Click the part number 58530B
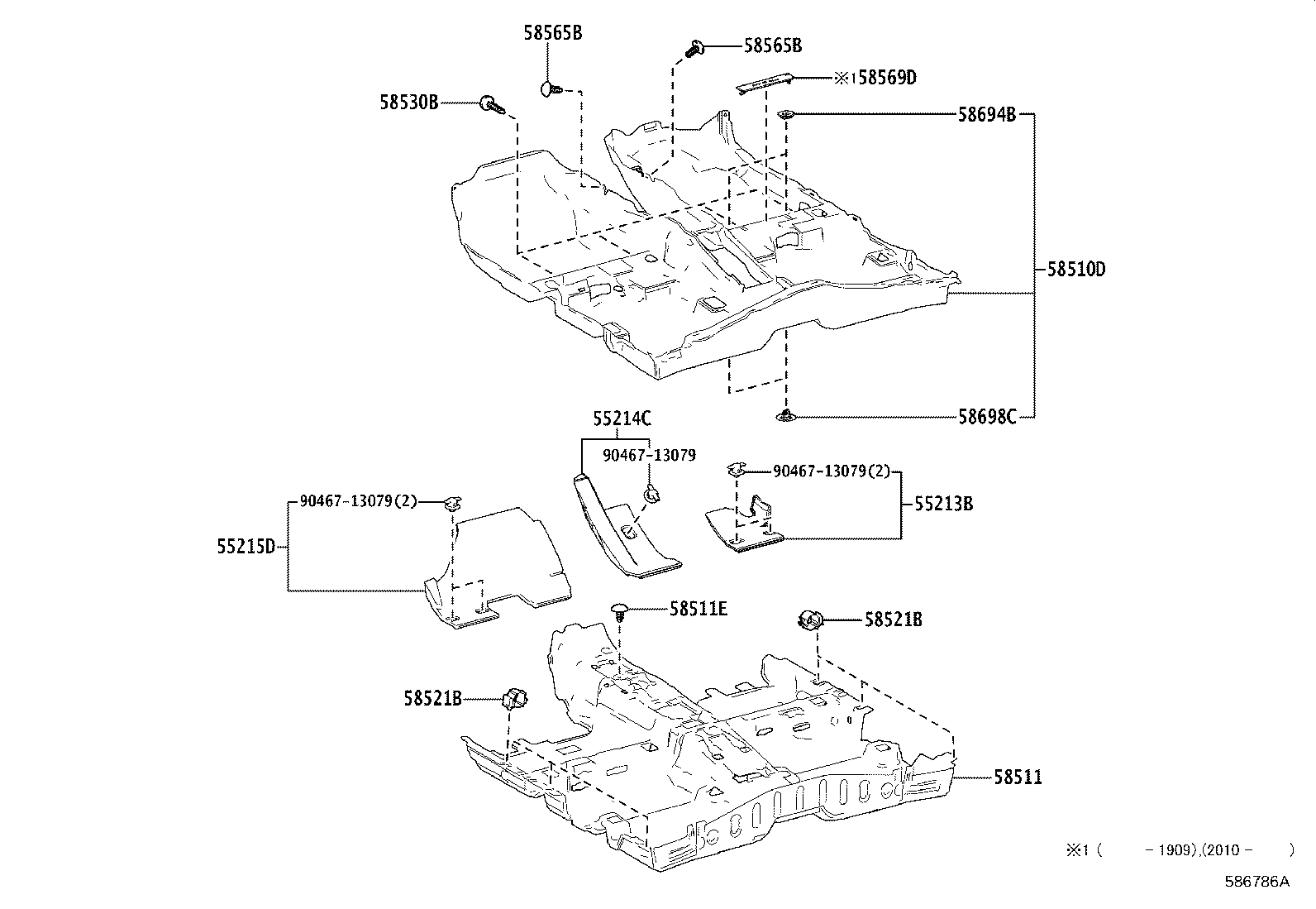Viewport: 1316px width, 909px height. (x=408, y=103)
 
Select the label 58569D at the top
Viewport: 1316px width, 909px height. (x=886, y=78)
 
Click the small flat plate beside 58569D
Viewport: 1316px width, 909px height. (x=765, y=83)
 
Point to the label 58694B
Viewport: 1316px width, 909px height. (x=986, y=115)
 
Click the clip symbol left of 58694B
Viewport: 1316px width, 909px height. (x=787, y=115)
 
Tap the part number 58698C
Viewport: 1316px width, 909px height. (x=986, y=417)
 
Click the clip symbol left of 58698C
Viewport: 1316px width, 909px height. (x=786, y=416)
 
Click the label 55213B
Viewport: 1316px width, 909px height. (x=942, y=503)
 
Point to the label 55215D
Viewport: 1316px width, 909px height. (x=246, y=546)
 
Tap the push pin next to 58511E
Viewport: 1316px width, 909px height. (x=620, y=610)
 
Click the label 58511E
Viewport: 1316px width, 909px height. (x=698, y=609)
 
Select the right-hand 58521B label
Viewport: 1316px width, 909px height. (x=893, y=619)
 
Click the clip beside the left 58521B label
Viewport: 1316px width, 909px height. (x=514, y=698)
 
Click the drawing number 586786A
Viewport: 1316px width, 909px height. (x=1256, y=881)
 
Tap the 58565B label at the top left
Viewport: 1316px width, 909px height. (x=552, y=33)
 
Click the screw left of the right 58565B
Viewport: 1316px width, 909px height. (x=694, y=47)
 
